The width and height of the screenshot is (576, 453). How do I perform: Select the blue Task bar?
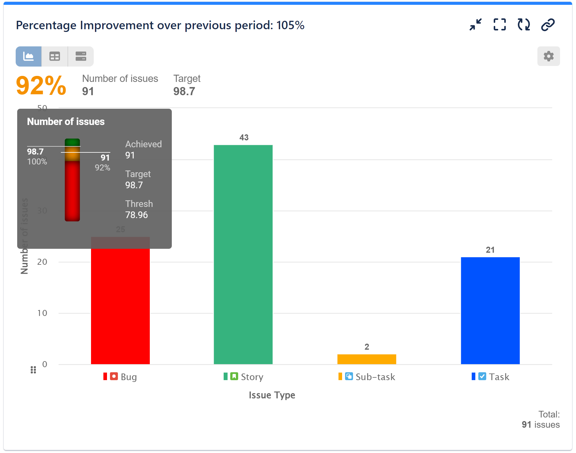click(490, 310)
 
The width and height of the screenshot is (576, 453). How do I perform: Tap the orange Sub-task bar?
click(367, 359)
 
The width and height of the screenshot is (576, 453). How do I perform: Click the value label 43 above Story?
click(244, 138)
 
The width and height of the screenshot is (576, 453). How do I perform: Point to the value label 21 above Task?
click(490, 250)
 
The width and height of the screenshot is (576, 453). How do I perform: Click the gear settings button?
click(548, 56)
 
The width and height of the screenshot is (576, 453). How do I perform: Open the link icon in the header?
click(548, 25)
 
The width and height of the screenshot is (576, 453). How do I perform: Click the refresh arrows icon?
click(524, 25)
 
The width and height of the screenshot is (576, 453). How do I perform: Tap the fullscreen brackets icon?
click(499, 25)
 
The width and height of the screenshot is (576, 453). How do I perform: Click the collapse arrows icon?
click(476, 25)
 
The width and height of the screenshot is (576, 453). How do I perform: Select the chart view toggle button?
click(29, 56)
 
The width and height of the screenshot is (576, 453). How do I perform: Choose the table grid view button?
click(55, 56)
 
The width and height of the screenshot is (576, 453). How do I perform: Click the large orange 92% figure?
click(41, 86)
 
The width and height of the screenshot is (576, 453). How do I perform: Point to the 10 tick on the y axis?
click(42, 313)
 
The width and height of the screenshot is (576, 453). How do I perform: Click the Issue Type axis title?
click(272, 395)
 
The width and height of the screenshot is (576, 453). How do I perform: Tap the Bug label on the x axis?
click(129, 377)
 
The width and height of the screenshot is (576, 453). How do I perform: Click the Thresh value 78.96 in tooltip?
click(137, 215)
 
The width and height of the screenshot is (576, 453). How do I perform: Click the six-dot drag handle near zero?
click(33, 370)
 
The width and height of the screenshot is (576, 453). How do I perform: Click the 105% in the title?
click(290, 25)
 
